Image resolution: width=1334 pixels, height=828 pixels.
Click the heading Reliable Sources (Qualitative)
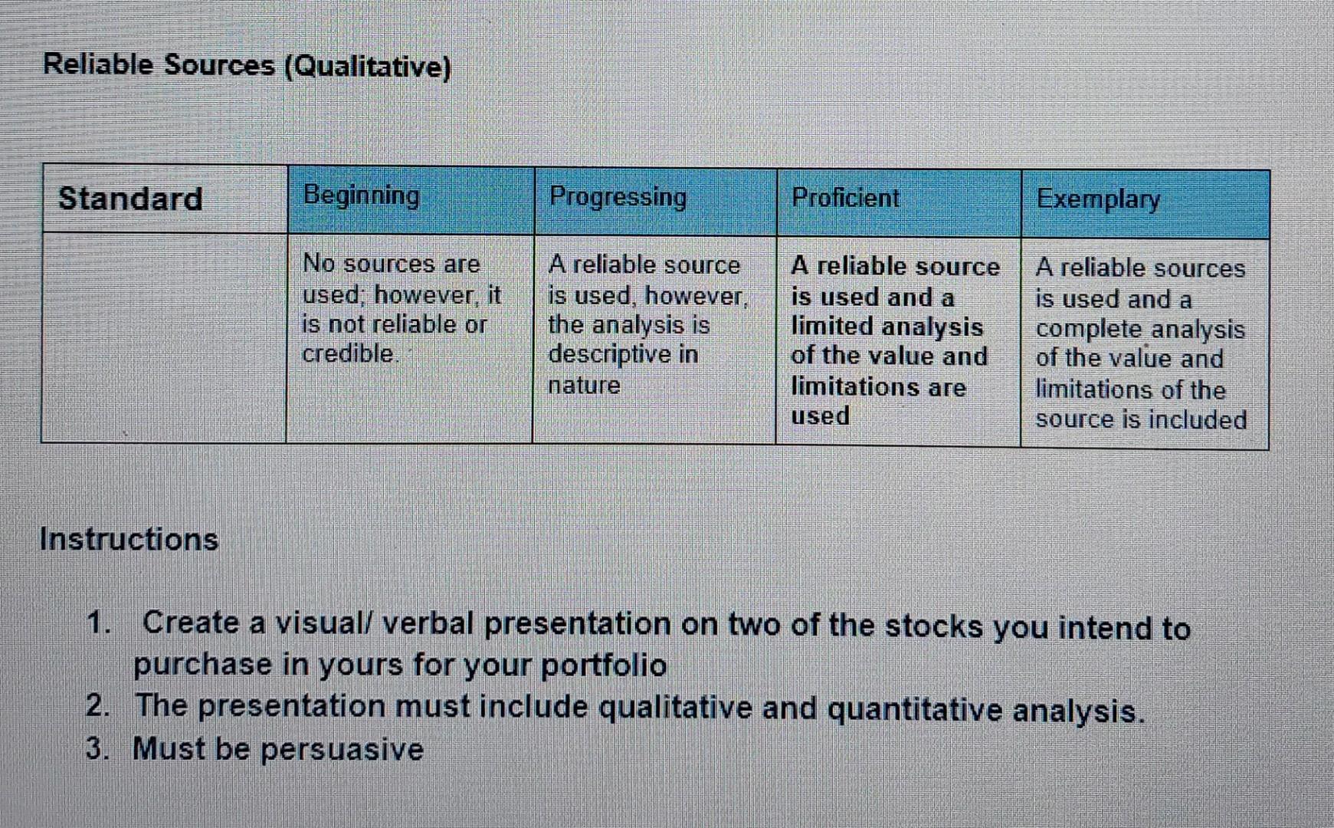tap(247, 66)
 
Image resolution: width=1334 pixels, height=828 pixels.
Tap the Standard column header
tap(130, 199)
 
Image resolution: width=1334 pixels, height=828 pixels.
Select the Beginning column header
tap(362, 195)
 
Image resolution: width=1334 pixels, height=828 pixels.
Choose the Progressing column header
tap(618, 197)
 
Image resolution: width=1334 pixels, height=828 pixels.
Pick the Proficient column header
tap(845, 198)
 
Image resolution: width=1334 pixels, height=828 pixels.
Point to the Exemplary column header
tap(1098, 199)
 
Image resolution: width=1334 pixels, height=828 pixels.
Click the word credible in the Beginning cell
tap(349, 353)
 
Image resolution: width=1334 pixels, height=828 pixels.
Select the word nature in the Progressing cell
tap(584, 385)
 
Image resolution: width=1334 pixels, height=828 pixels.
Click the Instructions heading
tap(129, 539)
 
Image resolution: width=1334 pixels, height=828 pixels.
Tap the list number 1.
tap(97, 623)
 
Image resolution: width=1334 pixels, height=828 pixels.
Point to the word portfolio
tap(604, 665)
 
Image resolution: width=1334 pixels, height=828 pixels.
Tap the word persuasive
tap(342, 749)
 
